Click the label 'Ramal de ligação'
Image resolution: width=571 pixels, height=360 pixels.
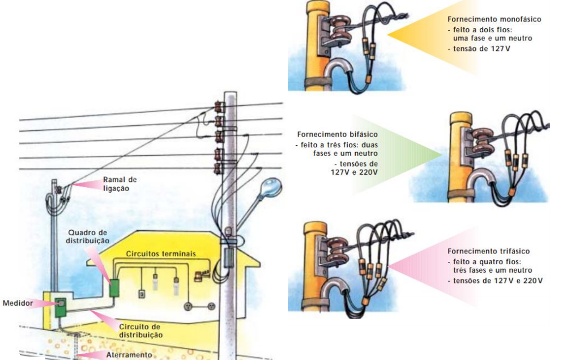(x=120, y=184)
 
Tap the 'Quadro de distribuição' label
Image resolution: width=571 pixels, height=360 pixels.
(x=88, y=237)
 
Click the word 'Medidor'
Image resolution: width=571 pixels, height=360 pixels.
(x=17, y=303)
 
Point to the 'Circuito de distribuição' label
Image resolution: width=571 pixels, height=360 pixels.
(x=141, y=331)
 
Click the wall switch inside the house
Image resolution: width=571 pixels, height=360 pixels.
(x=142, y=294)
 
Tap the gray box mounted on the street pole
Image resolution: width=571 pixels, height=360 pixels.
(x=228, y=257)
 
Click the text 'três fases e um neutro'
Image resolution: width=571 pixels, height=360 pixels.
(x=488, y=271)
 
